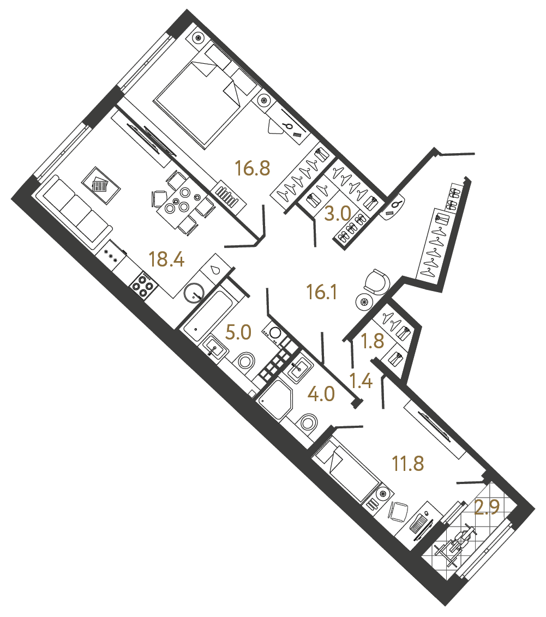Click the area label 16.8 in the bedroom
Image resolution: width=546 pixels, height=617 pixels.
[253, 168]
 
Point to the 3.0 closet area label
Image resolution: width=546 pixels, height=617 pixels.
[337, 214]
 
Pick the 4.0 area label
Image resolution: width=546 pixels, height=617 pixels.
[321, 394]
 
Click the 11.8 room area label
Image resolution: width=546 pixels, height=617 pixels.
[408, 464]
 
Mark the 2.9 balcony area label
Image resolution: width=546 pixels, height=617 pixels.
[488, 508]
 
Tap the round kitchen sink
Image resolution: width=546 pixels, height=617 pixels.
[194, 293]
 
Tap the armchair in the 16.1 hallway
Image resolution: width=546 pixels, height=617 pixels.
[376, 281]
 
